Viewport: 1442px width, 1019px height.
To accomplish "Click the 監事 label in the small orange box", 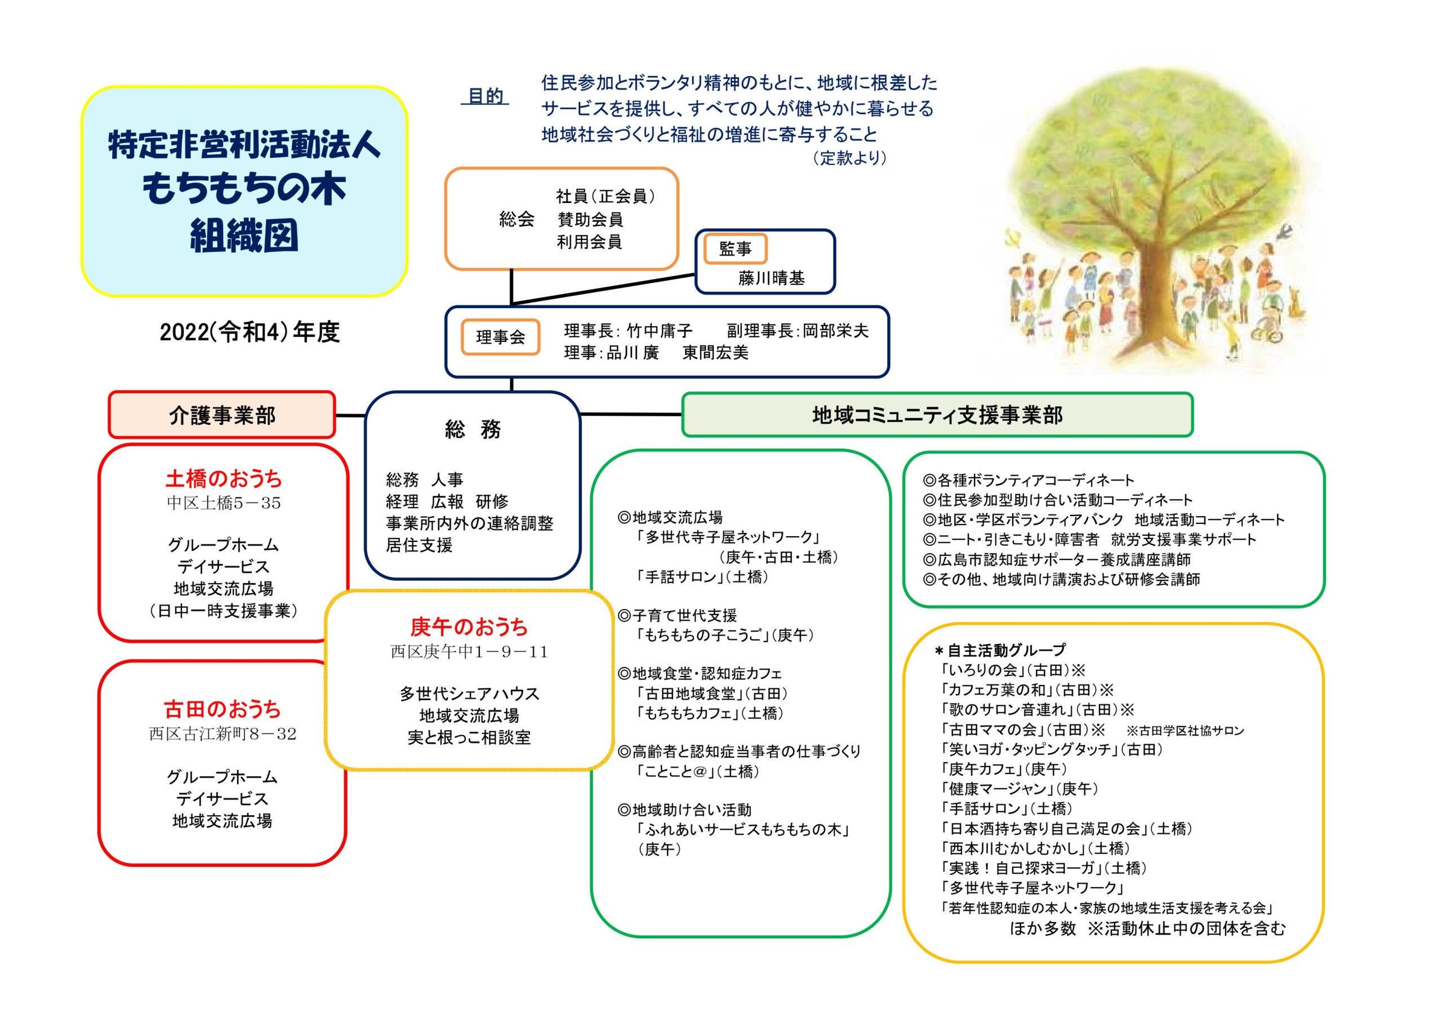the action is coord(735,250).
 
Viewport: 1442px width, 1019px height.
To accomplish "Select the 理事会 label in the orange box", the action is coord(501,337).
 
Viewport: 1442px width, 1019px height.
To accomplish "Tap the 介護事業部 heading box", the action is coord(222,415).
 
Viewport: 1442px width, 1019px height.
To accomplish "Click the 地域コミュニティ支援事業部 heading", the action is coord(937,415).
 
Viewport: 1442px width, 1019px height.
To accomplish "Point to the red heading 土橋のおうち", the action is coord(224,479).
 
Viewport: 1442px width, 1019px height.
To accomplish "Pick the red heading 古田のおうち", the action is coord(222,709).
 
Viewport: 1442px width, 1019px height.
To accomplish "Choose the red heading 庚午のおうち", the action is coord(469,626).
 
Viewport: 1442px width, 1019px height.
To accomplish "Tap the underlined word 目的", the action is coord(485,96).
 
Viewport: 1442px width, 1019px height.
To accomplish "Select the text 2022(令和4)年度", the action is coord(250,332).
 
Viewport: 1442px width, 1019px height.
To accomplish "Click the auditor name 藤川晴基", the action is coord(771,278).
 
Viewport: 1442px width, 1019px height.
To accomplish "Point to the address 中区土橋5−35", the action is coord(224,502).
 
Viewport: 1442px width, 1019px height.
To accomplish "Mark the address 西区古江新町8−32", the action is coord(222,734).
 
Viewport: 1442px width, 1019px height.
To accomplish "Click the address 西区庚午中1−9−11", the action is coord(469,652).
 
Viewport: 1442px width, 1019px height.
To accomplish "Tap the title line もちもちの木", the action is coord(244,189).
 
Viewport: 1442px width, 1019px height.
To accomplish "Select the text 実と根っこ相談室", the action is coord(469,737).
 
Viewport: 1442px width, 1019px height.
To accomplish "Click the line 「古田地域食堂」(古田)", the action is coord(710,693).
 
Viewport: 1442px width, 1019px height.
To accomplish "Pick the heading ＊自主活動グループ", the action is coord(1000,650).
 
